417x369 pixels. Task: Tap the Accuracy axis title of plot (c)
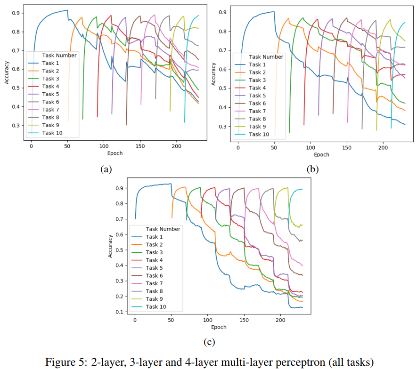[x=111, y=246]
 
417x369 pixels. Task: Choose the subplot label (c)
[x=209, y=342]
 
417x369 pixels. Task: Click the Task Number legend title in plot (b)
[x=266, y=57]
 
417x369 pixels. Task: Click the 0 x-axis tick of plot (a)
[x=32, y=147]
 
